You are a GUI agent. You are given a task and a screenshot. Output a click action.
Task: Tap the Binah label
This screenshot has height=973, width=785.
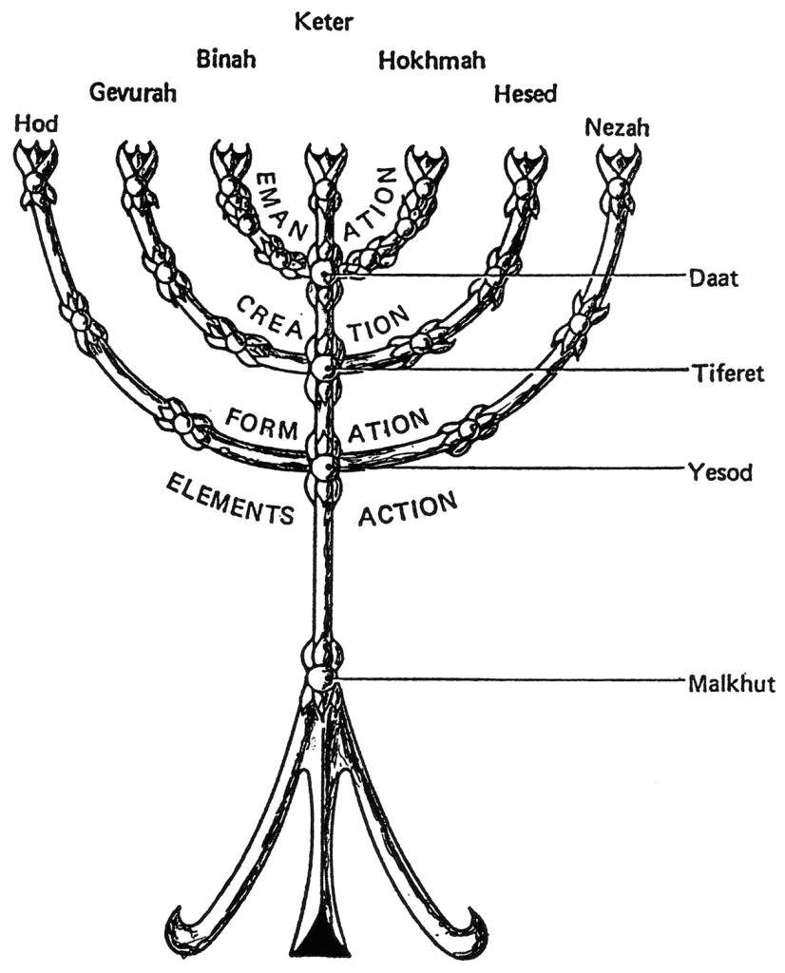coord(225,60)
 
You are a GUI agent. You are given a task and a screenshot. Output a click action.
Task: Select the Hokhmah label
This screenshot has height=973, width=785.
coord(432,61)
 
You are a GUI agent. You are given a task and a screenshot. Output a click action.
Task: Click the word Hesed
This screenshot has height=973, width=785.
coord(525,93)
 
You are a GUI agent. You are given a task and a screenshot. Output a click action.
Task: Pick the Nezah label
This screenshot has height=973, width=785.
coord(617,127)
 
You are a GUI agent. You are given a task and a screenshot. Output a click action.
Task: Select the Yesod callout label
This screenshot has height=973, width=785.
coord(718,470)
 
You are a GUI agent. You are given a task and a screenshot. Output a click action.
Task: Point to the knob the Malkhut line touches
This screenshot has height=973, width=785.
coord(321,679)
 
